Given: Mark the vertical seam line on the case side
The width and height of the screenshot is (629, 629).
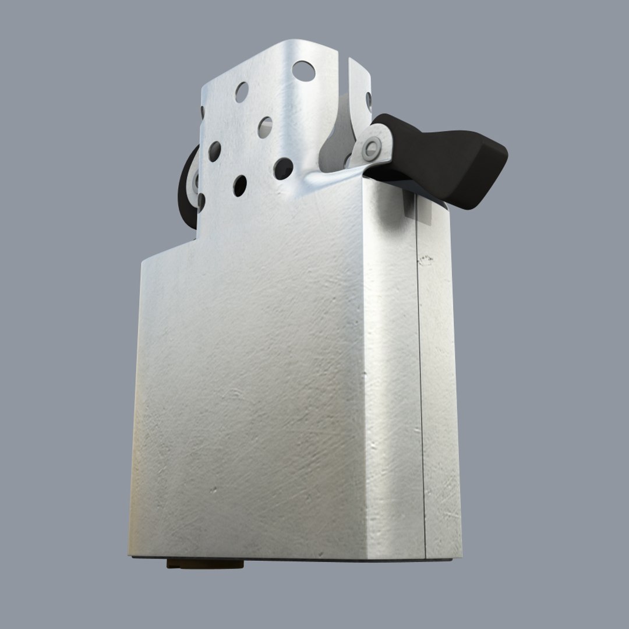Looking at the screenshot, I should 422,379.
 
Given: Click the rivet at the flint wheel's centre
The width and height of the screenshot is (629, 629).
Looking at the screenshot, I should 195,181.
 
